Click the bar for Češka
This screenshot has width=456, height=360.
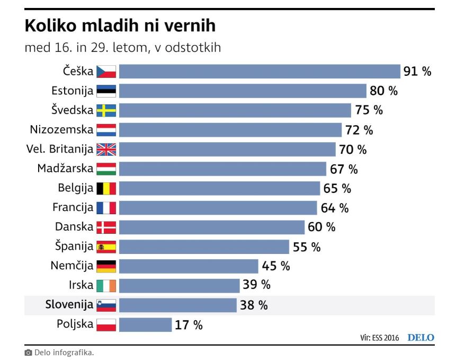click(x=259, y=72)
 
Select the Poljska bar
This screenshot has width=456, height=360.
click(x=145, y=324)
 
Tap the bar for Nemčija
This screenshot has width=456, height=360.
click(x=188, y=266)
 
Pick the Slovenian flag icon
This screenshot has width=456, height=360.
click(x=106, y=305)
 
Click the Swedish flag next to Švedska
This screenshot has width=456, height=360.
click(x=106, y=110)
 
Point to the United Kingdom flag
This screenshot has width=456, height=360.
click(x=106, y=150)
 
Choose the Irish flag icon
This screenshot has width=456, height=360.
click(x=106, y=285)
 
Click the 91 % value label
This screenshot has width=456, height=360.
click(x=417, y=72)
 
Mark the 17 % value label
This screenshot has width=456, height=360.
click(x=189, y=325)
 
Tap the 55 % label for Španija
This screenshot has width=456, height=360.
click(x=307, y=247)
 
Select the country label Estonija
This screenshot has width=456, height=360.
click(x=73, y=91)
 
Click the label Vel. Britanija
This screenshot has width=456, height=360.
click(x=60, y=150)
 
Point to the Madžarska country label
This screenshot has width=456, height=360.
click(x=65, y=169)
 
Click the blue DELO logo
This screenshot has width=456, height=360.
click(x=421, y=338)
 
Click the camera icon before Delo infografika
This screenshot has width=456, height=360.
click(x=28, y=353)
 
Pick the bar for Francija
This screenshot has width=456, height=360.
click(x=218, y=208)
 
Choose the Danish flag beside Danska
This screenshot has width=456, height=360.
click(x=106, y=227)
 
